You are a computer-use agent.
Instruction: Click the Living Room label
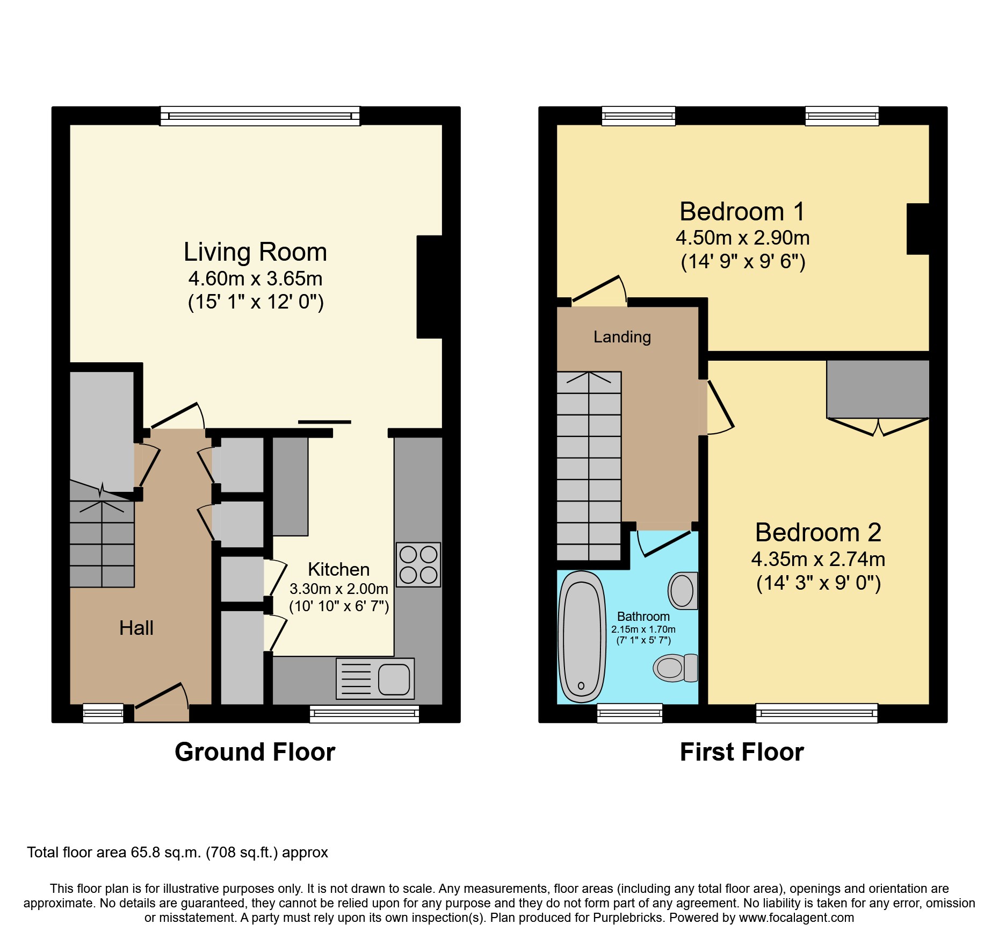pos(255,252)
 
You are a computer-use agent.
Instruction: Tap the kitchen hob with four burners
pos(418,564)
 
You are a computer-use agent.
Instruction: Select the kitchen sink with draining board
pos(375,679)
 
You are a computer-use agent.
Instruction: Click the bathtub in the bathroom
pos(582,637)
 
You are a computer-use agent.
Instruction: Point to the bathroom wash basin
pos(683,591)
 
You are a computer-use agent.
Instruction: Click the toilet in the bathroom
pos(675,668)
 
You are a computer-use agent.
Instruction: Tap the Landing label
pos(622,337)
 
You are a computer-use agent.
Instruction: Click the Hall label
pos(136,628)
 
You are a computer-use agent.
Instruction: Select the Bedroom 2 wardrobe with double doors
pos(878,390)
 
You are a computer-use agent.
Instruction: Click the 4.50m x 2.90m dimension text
pos(742,238)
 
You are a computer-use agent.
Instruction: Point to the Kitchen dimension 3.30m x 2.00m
pos(338,589)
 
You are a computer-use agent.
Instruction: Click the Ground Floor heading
pos(255,752)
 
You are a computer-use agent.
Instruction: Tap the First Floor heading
pos(742,752)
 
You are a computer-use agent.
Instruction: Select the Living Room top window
pos(260,116)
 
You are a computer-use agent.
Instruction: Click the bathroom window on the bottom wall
pos(629,713)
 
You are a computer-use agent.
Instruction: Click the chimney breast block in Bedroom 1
pos(918,229)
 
